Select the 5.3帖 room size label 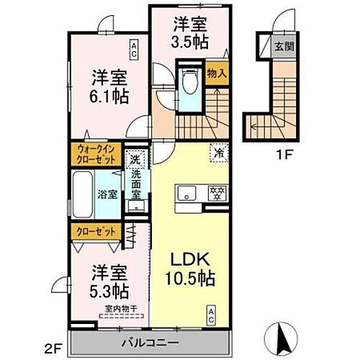point(106,291)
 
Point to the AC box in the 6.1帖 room point(134,48)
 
